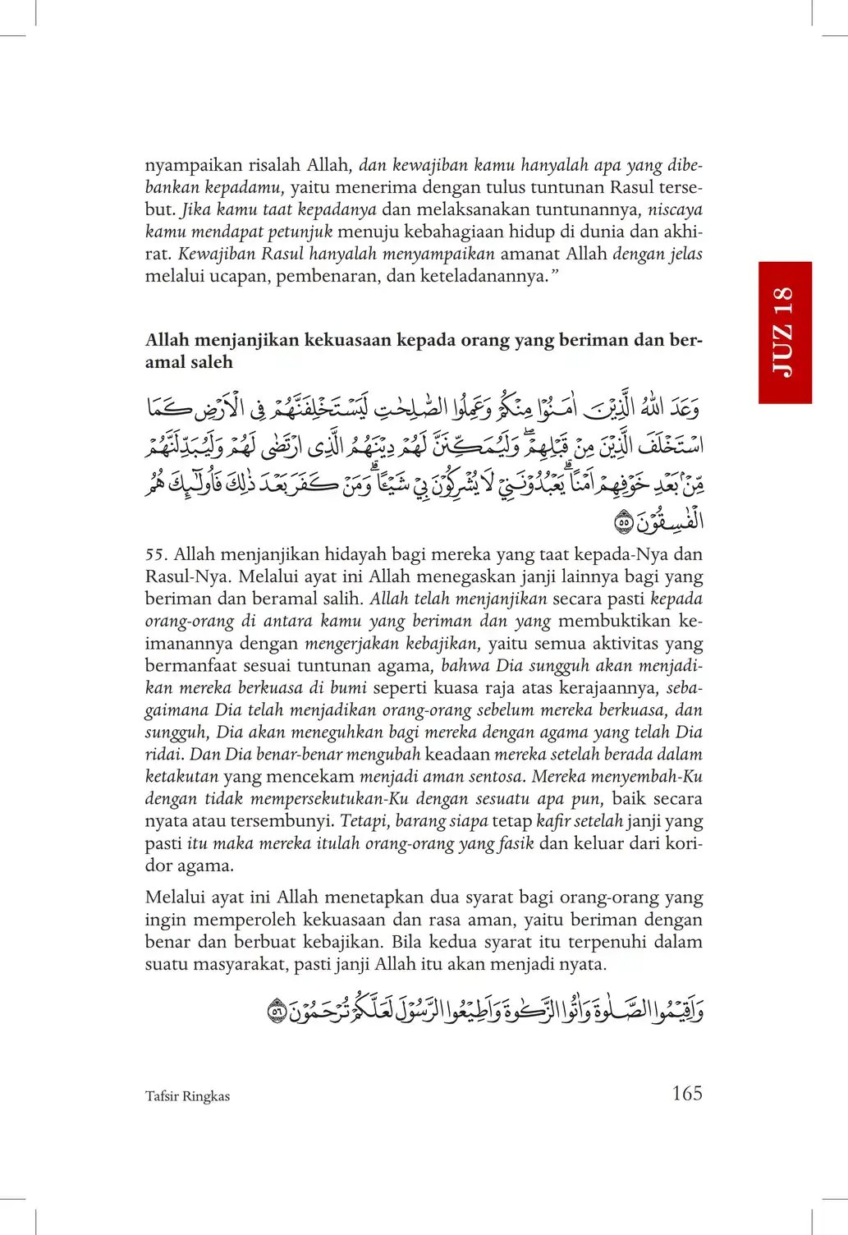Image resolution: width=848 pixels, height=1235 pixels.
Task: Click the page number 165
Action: [x=686, y=1093]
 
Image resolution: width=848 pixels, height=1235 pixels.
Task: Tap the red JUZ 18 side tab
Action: [x=785, y=333]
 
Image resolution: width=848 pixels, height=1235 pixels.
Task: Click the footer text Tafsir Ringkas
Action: [x=187, y=1096]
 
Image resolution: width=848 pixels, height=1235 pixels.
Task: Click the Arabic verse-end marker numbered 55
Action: [x=623, y=521]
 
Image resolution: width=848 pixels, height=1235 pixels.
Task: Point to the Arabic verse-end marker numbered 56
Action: [x=277, y=1011]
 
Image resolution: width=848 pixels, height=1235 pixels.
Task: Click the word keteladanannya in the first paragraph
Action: [x=480, y=276]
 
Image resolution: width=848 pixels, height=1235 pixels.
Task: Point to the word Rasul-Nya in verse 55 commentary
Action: [x=186, y=577]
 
